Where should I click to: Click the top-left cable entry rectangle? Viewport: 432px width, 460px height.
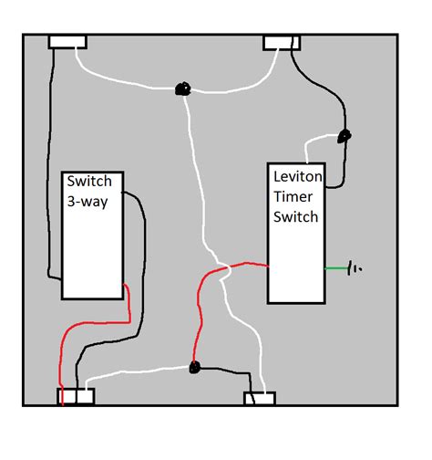[x=66, y=42]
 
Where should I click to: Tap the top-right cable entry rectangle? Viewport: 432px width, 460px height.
[x=282, y=42]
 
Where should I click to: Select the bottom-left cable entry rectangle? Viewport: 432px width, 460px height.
[x=77, y=396]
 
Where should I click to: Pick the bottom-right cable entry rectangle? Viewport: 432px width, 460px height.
[x=260, y=398]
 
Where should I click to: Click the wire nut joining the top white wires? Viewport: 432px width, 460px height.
[x=181, y=89]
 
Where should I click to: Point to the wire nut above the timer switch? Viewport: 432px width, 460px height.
[x=344, y=137]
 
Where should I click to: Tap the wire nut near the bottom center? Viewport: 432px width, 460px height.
[x=193, y=368]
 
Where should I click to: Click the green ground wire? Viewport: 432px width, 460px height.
[x=335, y=268]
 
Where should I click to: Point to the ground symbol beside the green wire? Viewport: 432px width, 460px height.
[x=354, y=268]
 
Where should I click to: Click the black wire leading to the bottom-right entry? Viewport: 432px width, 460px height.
[x=228, y=370]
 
